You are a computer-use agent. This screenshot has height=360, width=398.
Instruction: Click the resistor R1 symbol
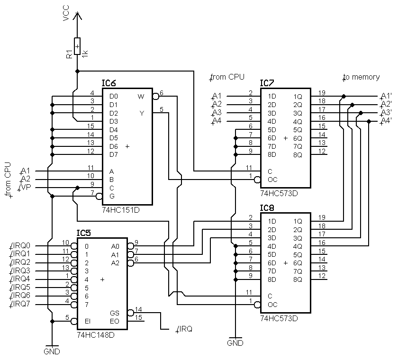click(78, 47)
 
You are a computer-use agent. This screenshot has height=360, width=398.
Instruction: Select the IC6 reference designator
click(109, 83)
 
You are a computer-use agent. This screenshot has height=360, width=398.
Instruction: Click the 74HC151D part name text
click(121, 209)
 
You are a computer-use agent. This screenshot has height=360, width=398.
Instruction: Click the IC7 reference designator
click(267, 83)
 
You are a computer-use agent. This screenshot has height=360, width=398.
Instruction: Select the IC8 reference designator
click(267, 208)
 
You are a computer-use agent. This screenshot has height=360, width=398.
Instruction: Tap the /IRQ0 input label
click(21, 246)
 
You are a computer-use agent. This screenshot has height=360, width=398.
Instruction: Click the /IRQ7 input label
click(21, 304)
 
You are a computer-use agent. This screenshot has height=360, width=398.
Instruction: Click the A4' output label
click(386, 121)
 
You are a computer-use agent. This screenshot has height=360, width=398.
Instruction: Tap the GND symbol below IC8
click(235, 342)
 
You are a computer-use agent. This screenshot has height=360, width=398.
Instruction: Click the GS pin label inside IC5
click(115, 313)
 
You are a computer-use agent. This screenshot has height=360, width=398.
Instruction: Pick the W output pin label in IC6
click(141, 97)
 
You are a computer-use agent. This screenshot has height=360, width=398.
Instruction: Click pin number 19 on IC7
click(322, 92)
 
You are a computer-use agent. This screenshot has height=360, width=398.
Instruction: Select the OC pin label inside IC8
click(272, 305)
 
